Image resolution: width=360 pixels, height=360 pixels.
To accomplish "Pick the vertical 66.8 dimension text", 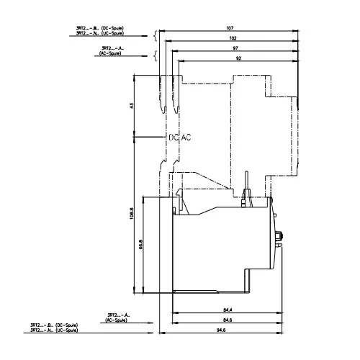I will [142, 246].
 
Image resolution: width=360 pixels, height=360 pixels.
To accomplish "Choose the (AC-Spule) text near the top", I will [114, 54].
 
